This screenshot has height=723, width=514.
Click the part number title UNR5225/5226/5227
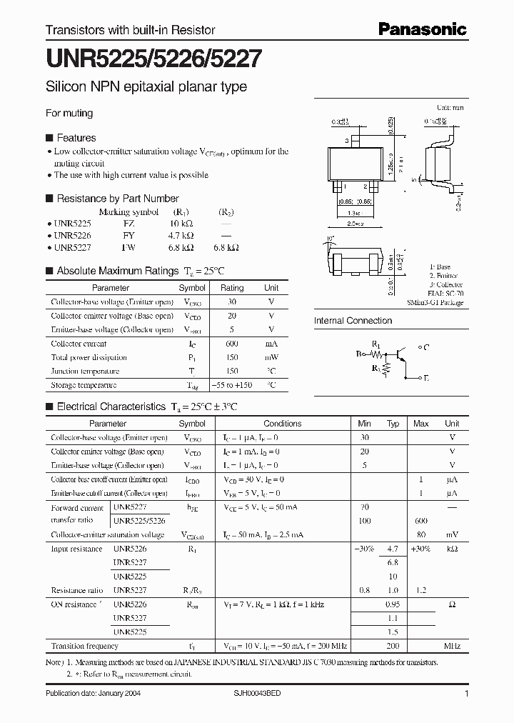coord(153,59)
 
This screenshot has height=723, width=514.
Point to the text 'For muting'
coord(69,113)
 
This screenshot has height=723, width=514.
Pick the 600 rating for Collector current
coord(231,344)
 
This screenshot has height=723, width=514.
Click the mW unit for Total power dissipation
coord(271,357)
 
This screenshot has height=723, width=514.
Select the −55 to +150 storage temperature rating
coord(231,385)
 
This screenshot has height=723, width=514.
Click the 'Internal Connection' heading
coord(353,321)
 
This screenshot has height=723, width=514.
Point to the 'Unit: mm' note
coord(450,107)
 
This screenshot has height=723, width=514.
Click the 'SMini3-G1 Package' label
coord(436,303)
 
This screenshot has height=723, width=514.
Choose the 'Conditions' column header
coord(283,424)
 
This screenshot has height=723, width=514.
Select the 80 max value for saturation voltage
coord(421,534)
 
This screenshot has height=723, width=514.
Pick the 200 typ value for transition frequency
coord(393,645)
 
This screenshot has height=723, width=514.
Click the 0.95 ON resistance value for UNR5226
coord(393,604)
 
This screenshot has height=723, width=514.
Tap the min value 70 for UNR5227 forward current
coord(365,507)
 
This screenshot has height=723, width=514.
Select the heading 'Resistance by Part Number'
coord(117,199)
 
